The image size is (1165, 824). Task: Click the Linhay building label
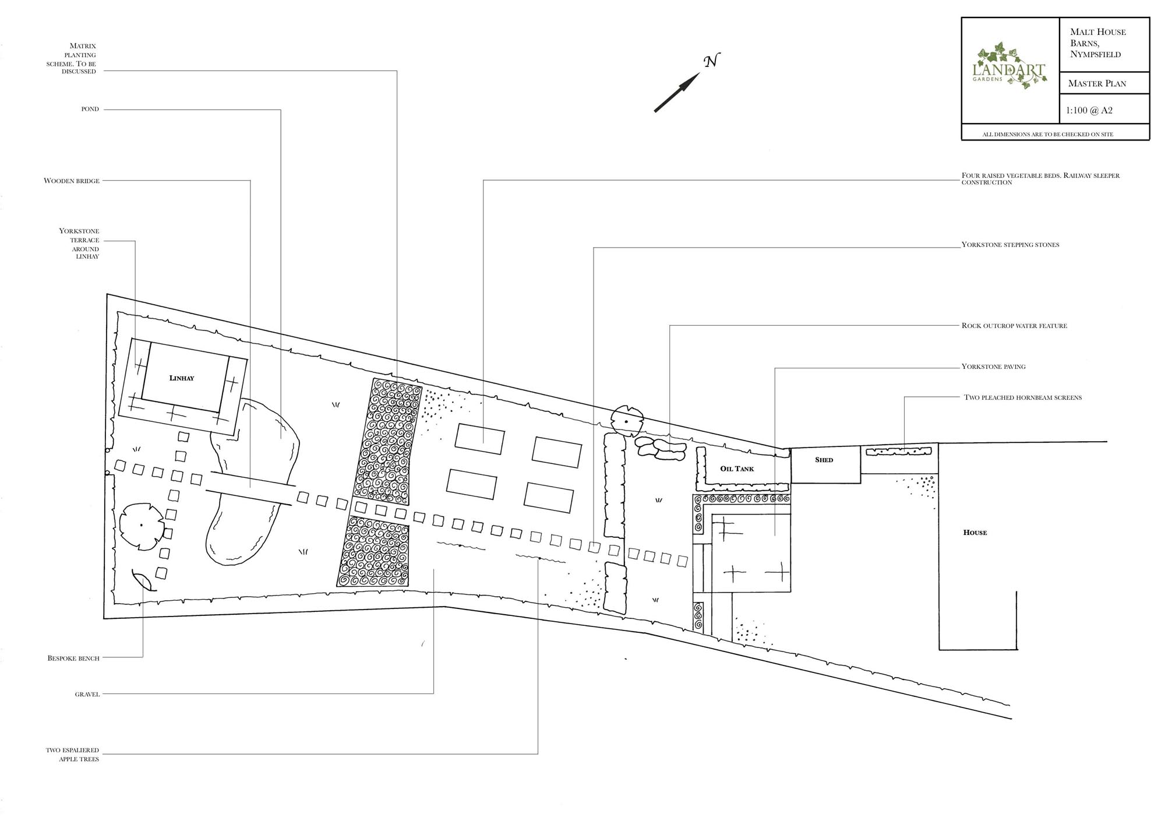(x=182, y=378)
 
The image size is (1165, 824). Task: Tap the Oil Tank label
(x=737, y=469)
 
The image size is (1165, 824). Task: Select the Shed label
(x=824, y=460)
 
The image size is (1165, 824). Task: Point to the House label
(x=975, y=533)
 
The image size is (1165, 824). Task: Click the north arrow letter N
(x=711, y=61)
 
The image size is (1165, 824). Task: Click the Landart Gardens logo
(x=1010, y=69)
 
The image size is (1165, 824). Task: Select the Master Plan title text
(x=1097, y=83)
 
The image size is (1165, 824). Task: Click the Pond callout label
(x=90, y=109)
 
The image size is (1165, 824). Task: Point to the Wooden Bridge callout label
(x=72, y=181)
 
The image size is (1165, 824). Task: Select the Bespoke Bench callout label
(x=73, y=658)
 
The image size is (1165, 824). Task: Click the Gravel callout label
(x=87, y=694)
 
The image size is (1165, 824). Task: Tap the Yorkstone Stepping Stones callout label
(x=1010, y=245)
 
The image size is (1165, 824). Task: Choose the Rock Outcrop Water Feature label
(x=1014, y=326)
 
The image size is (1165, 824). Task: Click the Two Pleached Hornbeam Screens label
(x=1023, y=397)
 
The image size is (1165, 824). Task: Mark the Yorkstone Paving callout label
(x=993, y=367)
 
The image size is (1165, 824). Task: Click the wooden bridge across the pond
(x=252, y=488)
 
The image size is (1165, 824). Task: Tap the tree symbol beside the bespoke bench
(x=142, y=526)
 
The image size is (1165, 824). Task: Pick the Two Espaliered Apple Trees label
(x=73, y=755)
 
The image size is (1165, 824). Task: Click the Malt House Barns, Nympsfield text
(x=1097, y=43)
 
